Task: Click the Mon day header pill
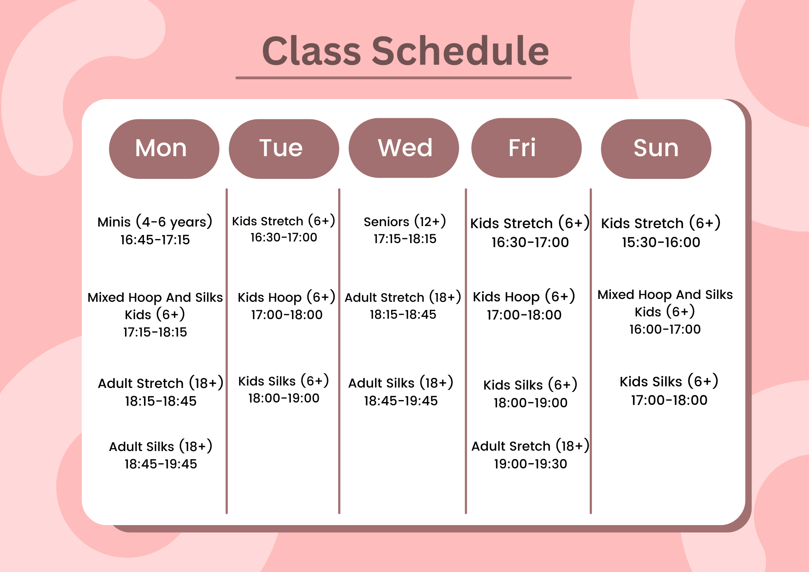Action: click(x=164, y=149)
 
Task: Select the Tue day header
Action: click(x=284, y=149)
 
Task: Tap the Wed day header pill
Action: click(x=404, y=148)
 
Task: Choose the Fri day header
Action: click(x=526, y=148)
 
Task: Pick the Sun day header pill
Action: click(x=656, y=149)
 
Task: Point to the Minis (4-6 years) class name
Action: click(x=155, y=222)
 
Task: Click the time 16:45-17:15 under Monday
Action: click(x=155, y=240)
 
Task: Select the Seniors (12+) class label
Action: click(x=405, y=222)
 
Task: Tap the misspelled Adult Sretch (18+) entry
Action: click(x=530, y=446)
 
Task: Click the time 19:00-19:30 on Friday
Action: click(x=530, y=464)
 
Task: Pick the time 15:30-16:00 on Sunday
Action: click(x=661, y=242)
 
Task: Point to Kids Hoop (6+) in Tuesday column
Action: click(x=286, y=297)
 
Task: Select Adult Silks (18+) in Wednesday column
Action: click(x=401, y=383)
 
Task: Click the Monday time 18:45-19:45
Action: click(x=161, y=464)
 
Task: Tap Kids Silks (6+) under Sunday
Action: click(x=669, y=381)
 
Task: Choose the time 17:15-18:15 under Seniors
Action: click(x=405, y=239)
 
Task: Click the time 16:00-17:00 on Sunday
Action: click(x=665, y=329)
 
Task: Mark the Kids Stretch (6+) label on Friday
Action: click(x=530, y=223)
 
